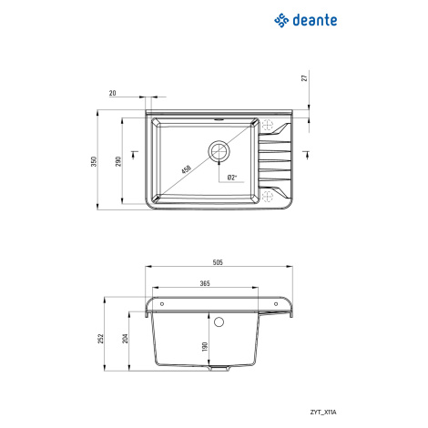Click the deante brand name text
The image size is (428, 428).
[x=315, y=20]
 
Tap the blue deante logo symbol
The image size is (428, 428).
[x=281, y=20]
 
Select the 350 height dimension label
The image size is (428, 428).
[x=94, y=161]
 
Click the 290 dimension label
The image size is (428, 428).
[x=118, y=161]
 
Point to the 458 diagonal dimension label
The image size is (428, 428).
[x=186, y=169]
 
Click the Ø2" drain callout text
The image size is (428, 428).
[x=232, y=178]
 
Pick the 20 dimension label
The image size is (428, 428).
[x=113, y=93]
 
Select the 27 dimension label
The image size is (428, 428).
[x=305, y=77]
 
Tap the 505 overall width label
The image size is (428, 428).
[x=218, y=262]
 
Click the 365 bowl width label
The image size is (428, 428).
[x=205, y=283]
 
